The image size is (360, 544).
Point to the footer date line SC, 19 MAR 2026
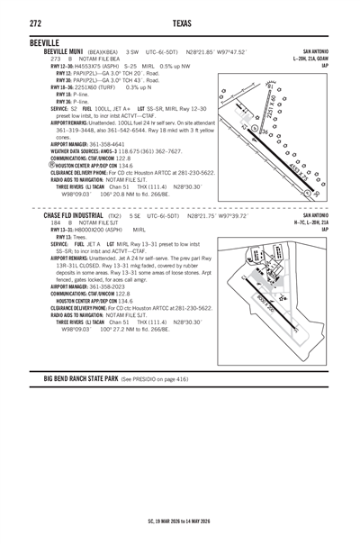pyautogui.click(x=180, y=521)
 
